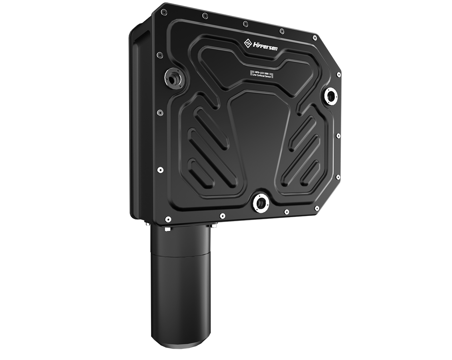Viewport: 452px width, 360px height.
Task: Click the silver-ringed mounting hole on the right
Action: pyautogui.click(x=331, y=95)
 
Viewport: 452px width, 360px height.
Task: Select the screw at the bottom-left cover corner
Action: pyautogui.click(x=168, y=219)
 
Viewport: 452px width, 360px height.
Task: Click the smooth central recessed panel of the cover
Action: pyautogui.click(x=258, y=136)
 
